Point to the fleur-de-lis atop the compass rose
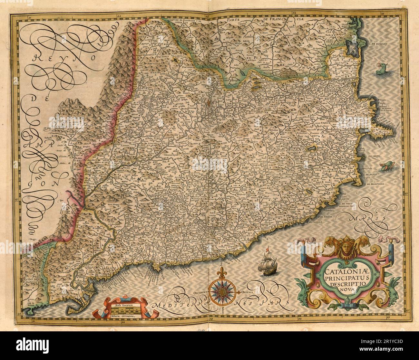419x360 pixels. [222, 271]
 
